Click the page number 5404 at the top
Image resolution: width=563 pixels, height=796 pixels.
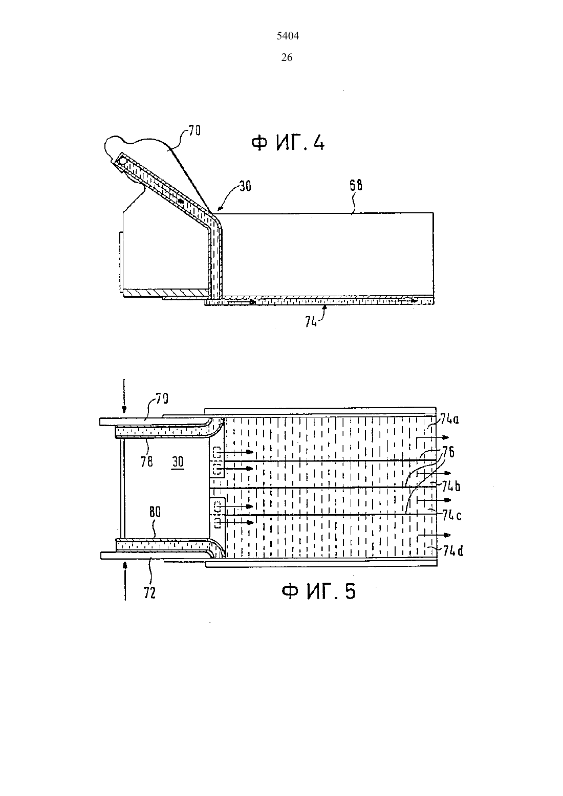[288, 36]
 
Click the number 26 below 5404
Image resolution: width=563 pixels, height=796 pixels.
[287, 57]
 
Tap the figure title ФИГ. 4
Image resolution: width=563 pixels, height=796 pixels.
[288, 143]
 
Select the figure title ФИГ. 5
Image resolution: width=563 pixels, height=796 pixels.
[318, 592]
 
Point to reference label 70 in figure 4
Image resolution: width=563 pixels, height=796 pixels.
[194, 130]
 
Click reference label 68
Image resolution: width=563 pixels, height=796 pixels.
[356, 185]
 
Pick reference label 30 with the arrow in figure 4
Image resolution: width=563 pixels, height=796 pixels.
[245, 186]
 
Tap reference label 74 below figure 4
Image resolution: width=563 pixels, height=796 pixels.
[311, 322]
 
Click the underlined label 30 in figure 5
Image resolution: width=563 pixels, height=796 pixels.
[178, 462]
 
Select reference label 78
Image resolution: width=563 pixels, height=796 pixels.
[146, 461]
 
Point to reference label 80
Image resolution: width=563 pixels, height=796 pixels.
[155, 512]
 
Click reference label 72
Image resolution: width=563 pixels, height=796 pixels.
[149, 593]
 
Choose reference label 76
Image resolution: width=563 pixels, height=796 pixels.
[448, 452]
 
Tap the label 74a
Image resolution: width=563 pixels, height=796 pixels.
[449, 419]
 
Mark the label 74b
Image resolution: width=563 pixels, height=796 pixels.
[451, 486]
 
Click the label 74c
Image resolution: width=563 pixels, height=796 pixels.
[452, 515]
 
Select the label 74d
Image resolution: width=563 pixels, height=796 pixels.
[453, 551]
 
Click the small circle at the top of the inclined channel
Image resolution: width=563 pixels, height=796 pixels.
[123, 161]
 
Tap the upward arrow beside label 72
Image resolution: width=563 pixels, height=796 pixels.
[125, 581]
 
